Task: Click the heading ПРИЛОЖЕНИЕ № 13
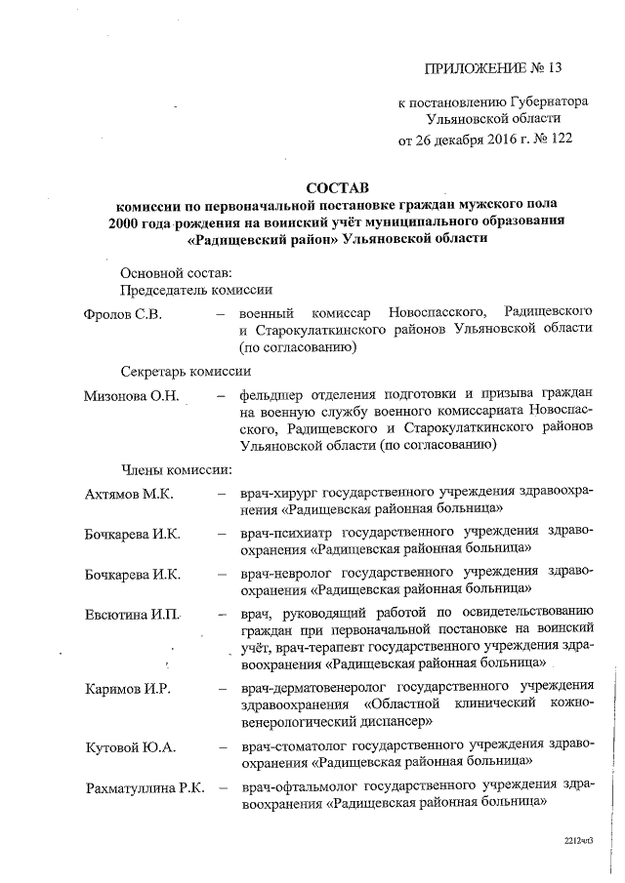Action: coord(494,67)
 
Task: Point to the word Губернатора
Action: coord(536,101)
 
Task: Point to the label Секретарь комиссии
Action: coord(186,372)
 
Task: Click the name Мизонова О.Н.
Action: coord(131,395)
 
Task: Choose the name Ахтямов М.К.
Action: coord(129,495)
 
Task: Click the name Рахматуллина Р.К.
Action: coord(145,788)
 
